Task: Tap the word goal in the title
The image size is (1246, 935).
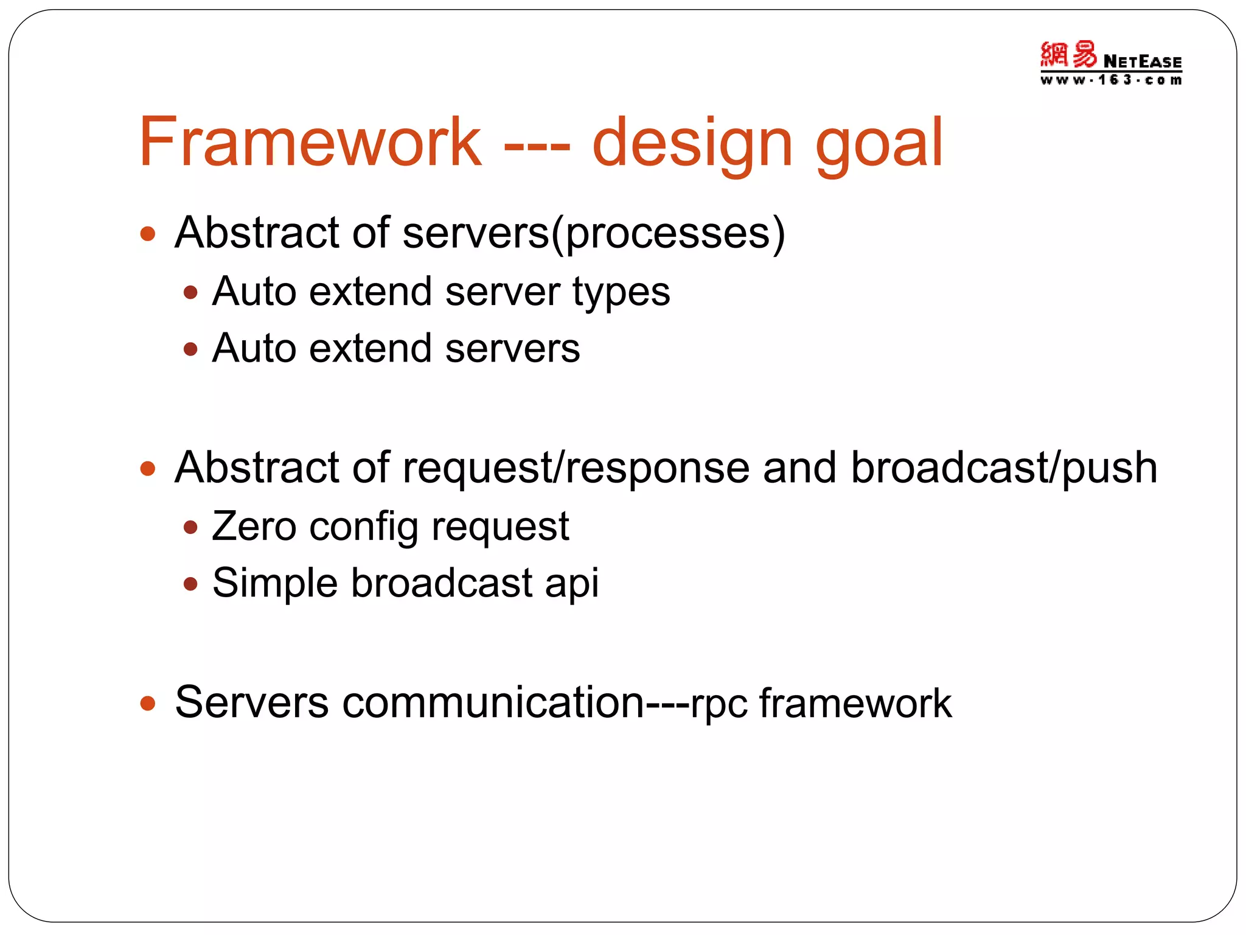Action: [879, 144]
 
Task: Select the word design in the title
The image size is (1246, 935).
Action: [692, 144]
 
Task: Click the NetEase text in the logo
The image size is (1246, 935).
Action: [1142, 61]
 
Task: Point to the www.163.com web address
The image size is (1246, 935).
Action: [1111, 80]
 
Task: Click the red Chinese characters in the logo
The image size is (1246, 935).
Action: [1068, 55]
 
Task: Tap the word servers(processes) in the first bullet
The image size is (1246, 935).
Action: [594, 233]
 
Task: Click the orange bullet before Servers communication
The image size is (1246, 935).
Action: [148, 703]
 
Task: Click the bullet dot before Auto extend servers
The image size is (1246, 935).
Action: [190, 349]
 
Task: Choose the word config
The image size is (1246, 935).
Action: [363, 527]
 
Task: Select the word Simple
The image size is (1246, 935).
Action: [274, 583]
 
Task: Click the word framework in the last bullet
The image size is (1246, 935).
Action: [855, 703]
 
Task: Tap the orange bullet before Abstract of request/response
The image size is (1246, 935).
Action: [148, 468]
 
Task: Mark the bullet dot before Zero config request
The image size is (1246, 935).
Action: [190, 527]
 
